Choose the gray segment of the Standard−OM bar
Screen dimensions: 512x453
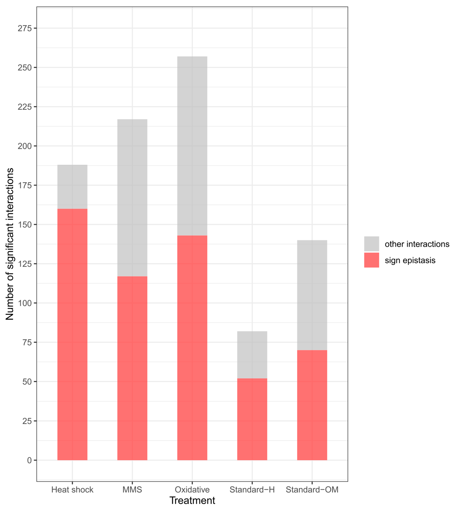point(312,295)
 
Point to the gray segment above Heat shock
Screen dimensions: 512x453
point(72,187)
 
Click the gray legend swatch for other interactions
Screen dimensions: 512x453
point(371,244)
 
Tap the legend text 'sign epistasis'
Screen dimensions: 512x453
point(410,261)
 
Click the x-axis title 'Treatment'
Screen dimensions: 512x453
point(192,500)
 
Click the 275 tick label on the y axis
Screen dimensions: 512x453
point(25,28)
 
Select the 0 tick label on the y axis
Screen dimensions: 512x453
point(29,460)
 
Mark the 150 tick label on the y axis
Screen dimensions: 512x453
point(25,225)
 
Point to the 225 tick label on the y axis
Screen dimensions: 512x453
point(25,107)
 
